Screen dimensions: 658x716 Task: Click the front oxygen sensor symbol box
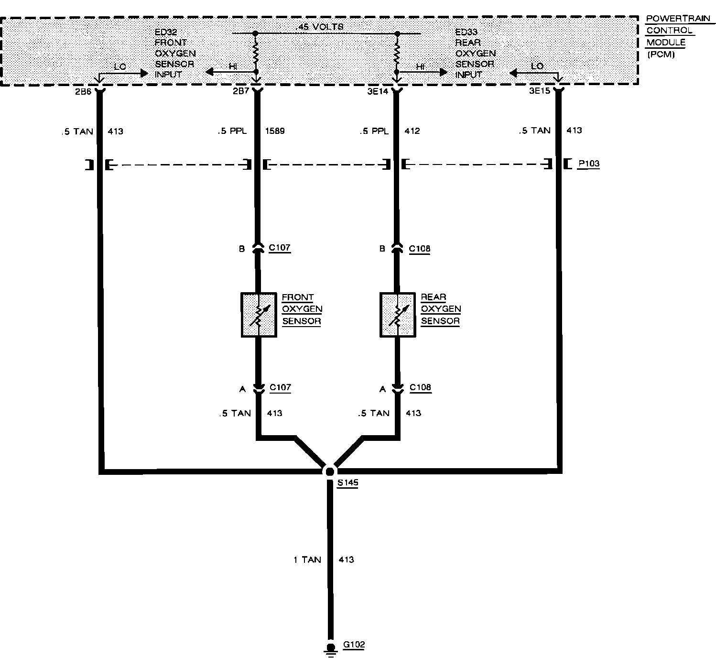[259, 315]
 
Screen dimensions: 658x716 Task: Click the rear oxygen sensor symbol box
[397, 315]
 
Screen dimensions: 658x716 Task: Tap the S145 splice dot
[329, 472]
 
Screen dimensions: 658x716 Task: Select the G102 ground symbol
[330, 648]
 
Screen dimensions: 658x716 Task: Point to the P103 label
[588, 164]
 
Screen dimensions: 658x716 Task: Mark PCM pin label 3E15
[540, 91]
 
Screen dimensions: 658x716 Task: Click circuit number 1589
[274, 131]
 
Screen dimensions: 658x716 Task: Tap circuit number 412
[412, 131]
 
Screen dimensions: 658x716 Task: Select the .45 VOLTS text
[320, 27]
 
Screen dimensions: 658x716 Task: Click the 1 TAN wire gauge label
[307, 559]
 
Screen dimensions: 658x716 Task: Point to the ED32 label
[165, 32]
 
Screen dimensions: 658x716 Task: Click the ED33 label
[466, 32]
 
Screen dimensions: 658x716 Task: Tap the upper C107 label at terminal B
[280, 248]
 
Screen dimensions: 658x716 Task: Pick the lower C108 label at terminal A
[421, 387]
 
